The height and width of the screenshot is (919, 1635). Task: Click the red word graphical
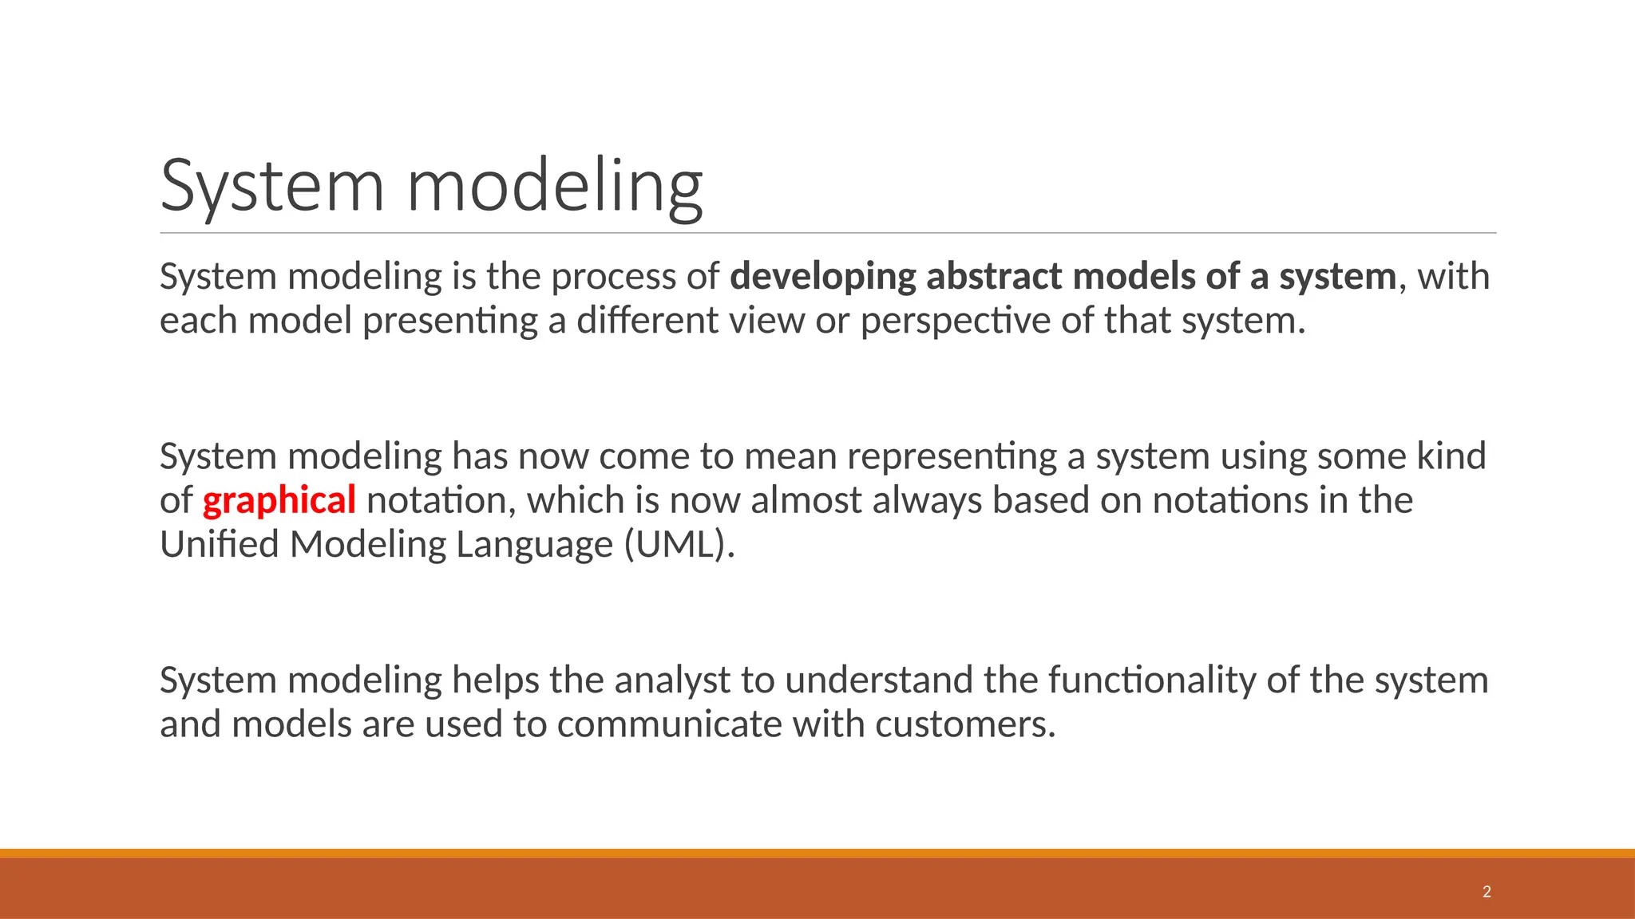[279, 501]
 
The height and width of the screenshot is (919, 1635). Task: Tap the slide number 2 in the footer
[1487, 892]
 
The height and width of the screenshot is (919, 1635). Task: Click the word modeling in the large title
[555, 187]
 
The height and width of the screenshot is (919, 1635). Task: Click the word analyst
[672, 680]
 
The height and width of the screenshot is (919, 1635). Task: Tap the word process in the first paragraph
[613, 277]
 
